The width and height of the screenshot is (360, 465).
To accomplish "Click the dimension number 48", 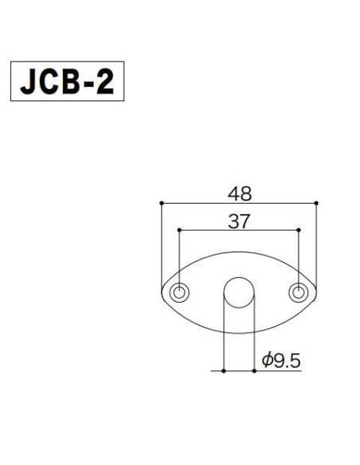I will click(239, 193).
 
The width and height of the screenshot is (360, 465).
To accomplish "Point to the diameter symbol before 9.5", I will click(265, 361).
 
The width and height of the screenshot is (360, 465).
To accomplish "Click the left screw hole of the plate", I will click(181, 292).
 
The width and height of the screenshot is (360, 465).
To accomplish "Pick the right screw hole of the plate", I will click(298, 292).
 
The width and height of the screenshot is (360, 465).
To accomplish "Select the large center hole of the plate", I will click(238, 294).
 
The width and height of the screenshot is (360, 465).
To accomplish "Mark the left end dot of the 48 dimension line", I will click(161, 204).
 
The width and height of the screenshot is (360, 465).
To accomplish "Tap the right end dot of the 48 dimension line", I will click(317, 204).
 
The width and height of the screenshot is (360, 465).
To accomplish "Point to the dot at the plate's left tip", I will click(162, 292).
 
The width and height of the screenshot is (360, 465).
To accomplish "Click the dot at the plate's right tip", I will click(317, 292).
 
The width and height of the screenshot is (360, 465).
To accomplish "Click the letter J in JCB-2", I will click(30, 80).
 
